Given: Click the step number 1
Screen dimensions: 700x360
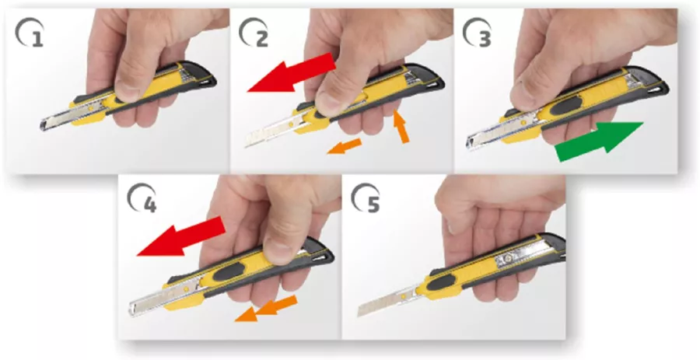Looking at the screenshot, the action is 38,39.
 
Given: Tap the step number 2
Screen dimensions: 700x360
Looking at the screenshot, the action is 261,39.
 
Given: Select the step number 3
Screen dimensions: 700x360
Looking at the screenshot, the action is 485,39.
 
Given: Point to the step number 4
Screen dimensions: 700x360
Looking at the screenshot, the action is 150,204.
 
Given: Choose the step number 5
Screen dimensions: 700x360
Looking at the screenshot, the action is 373,204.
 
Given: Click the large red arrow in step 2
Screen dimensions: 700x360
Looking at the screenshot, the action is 291,73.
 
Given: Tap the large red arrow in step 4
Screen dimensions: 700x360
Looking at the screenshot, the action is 180,236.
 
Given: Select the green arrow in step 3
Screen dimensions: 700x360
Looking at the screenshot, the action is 599,142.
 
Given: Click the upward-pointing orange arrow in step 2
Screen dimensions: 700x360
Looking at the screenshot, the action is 401,128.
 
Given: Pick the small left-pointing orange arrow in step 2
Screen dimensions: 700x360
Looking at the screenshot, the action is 345,146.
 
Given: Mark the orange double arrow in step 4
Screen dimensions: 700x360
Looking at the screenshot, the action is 266,308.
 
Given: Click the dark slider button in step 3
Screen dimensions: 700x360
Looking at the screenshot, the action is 566,105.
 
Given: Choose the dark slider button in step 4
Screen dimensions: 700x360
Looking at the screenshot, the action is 229,271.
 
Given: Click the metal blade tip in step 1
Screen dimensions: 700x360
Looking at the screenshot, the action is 44,125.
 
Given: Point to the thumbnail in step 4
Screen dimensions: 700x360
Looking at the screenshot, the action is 278,250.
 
